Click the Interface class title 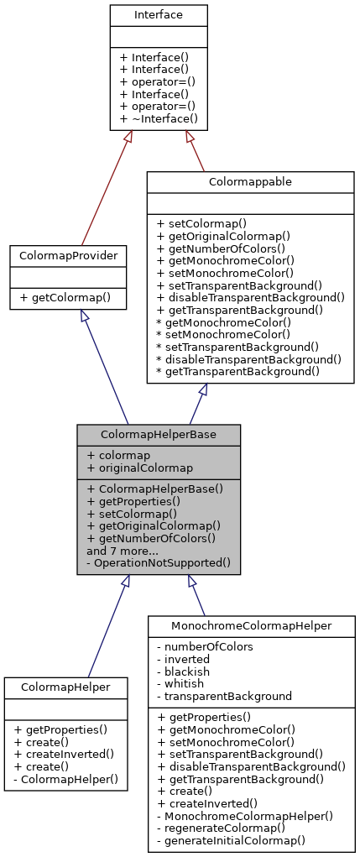(159, 15)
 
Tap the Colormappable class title (250, 181)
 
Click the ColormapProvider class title (68, 255)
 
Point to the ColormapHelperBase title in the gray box (159, 434)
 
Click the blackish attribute (188, 671)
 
